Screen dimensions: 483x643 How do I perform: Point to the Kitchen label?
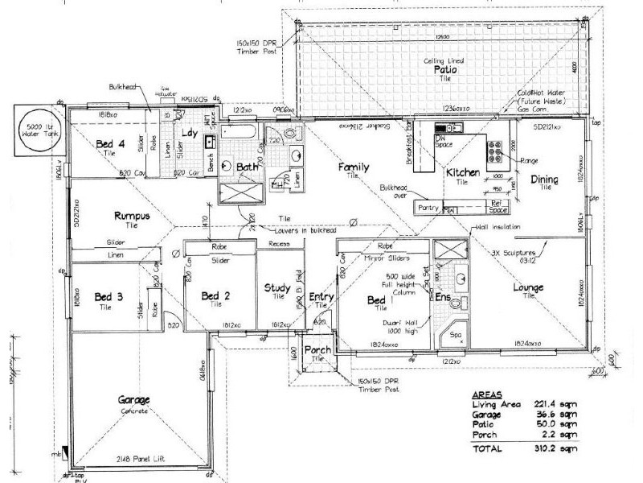[463, 173]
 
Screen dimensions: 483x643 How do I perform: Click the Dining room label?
[545, 180]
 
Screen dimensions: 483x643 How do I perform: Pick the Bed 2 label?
[216, 295]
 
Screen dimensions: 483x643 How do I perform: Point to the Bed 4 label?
[110, 144]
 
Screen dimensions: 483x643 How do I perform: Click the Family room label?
[354, 167]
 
